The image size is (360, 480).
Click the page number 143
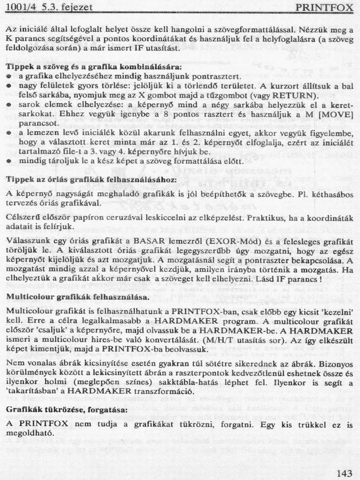(x=344, y=474)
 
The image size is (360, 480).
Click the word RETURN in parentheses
(x=289, y=96)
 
